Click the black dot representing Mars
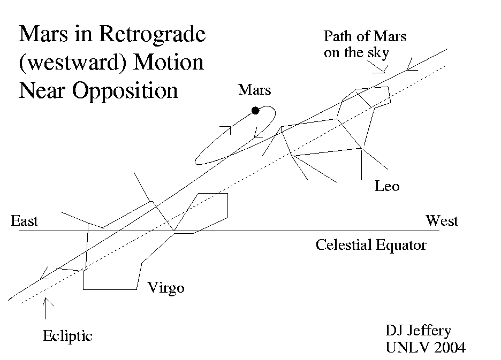[255, 111]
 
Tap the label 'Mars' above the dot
[254, 90]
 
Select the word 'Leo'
[387, 187]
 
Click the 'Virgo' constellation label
[166, 288]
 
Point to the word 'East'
[25, 221]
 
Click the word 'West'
[442, 220]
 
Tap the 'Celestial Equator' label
[371, 245]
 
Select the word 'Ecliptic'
[67, 336]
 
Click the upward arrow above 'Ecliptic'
[47, 308]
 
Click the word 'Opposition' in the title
[125, 90]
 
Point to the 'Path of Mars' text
[365, 37]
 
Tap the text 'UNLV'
[404, 347]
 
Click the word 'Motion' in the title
[169, 63]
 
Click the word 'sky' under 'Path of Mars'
[378, 52]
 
